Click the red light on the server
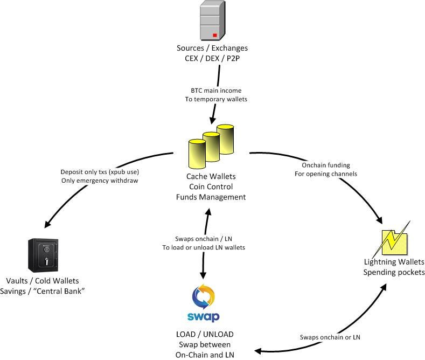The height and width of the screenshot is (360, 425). click(215, 35)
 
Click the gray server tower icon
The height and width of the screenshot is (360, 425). click(212, 20)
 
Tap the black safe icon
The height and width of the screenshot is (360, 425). click(43, 255)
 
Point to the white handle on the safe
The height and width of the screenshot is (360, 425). click(46, 261)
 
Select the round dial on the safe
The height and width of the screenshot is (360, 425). click(47, 249)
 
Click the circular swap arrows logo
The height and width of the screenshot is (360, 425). click(203, 296)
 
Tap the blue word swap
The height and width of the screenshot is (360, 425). click(203, 317)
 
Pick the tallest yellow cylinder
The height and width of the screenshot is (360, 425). click(225, 139)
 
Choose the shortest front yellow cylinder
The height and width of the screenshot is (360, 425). click(197, 154)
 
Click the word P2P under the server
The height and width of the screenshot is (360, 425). click(233, 58)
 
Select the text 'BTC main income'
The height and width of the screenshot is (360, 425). click(216, 91)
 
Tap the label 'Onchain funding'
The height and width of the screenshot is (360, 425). click(326, 165)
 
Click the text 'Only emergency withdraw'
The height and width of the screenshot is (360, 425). click(100, 181)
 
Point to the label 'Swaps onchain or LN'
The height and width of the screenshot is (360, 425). click(330, 337)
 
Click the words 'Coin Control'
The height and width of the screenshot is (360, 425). click(211, 187)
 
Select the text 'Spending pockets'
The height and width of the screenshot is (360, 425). click(394, 272)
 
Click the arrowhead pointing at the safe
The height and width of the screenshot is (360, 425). click(47, 224)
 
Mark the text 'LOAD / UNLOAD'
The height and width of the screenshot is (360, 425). click(205, 334)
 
